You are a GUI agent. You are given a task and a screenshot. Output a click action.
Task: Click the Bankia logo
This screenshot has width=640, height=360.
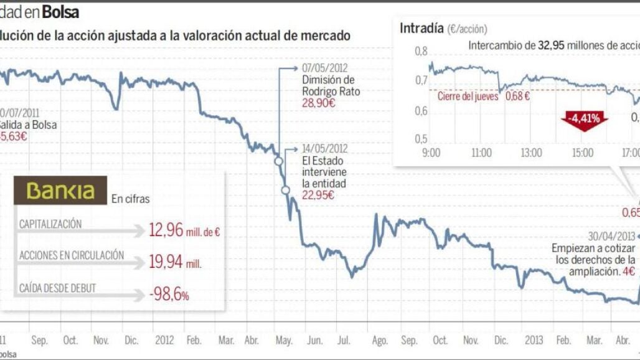[60, 191]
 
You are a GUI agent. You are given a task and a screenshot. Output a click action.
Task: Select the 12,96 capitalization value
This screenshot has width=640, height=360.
[166, 230]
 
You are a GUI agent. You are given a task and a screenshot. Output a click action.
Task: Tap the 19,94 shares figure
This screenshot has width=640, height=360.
[166, 262]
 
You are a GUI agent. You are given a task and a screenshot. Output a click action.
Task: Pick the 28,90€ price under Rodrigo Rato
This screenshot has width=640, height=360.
[318, 103]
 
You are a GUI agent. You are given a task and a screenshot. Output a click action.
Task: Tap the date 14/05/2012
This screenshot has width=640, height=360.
[324, 148]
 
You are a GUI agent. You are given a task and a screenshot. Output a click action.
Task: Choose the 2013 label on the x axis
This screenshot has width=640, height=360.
[534, 341]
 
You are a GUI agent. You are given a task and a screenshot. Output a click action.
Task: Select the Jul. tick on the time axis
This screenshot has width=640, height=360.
[343, 341]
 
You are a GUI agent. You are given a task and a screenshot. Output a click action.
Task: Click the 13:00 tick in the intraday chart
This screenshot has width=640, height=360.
[531, 152]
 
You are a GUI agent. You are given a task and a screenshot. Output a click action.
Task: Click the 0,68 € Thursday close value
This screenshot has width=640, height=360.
[517, 96]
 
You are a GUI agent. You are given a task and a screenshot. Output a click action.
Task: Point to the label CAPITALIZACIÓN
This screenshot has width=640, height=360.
[50, 224]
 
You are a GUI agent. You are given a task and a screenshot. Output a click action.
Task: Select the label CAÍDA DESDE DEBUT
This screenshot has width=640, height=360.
[58, 287]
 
